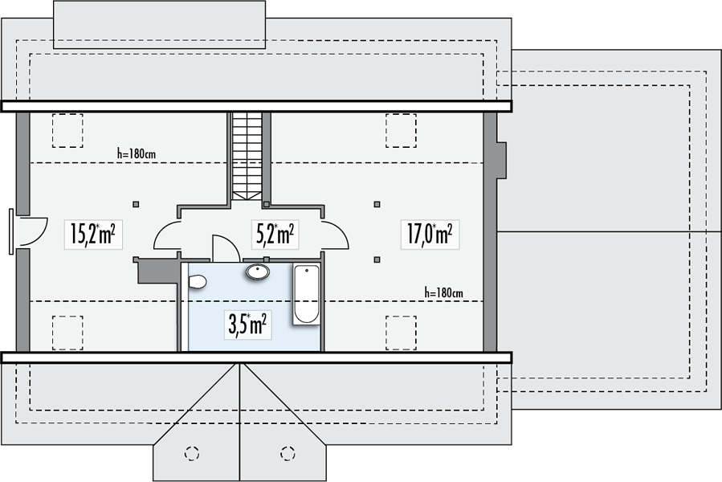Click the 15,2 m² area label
point(93,234)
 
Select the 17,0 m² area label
point(430,234)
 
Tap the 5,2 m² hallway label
point(275,234)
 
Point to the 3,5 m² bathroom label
point(247,325)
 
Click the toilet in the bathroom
point(197,281)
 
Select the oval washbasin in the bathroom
point(258,272)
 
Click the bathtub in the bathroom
point(307,294)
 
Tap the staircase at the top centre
point(247,156)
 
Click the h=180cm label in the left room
point(137,153)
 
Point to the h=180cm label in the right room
point(444,292)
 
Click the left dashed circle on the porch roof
point(192,453)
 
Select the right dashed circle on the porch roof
point(288,453)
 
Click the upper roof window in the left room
point(67,130)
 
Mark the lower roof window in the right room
point(401,333)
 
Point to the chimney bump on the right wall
point(501,160)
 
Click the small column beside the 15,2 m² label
point(136,204)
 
